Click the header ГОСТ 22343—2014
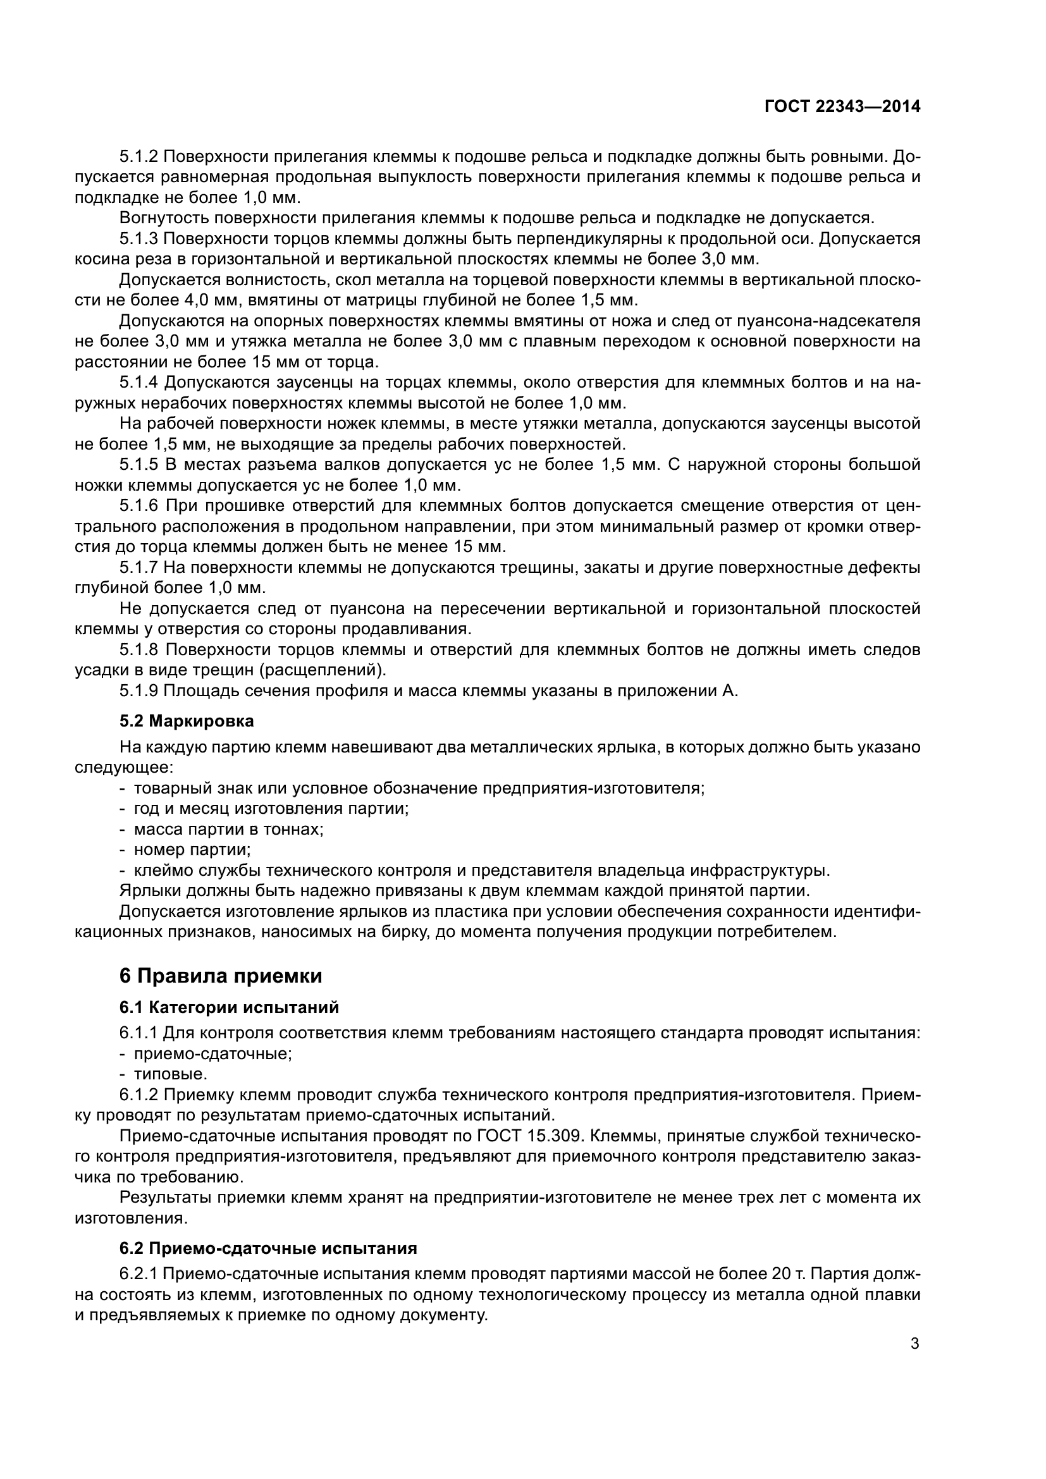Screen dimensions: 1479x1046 click(x=842, y=107)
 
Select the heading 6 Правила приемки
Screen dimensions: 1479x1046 click(x=221, y=976)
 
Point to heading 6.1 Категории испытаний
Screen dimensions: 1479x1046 click(x=229, y=1007)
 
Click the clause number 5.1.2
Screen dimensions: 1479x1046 click(x=138, y=157)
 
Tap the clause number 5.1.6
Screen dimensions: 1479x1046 click(x=138, y=506)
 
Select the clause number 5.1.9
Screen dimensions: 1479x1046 click(x=138, y=690)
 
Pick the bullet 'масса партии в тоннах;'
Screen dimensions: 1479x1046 click(x=228, y=829)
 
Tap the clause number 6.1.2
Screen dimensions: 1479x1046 click(x=138, y=1095)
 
